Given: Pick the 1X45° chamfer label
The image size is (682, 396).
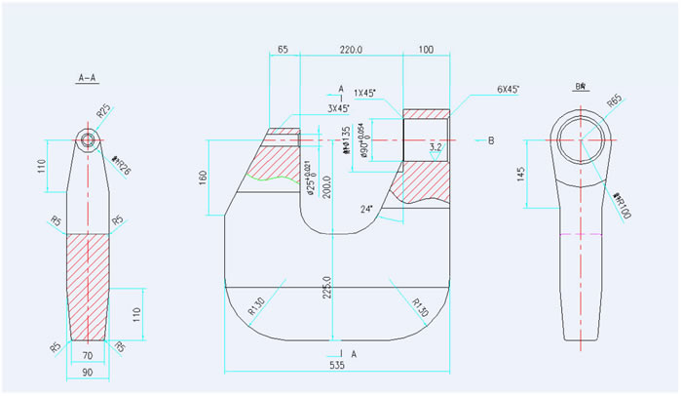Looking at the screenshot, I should [x=366, y=93].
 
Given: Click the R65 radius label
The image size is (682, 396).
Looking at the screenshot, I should [x=614, y=100].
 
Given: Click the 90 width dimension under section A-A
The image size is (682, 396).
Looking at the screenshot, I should [x=88, y=372].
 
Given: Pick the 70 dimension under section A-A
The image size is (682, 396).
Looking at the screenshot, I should [x=88, y=357].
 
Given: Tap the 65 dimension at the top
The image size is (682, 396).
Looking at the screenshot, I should [x=284, y=48].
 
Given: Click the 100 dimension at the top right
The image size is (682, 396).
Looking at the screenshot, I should [x=426, y=48].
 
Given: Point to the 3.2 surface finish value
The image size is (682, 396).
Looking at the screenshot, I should [x=436, y=147].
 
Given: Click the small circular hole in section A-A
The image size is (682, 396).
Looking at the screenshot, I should [x=89, y=139].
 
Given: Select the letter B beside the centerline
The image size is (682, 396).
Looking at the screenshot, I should [x=491, y=141].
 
